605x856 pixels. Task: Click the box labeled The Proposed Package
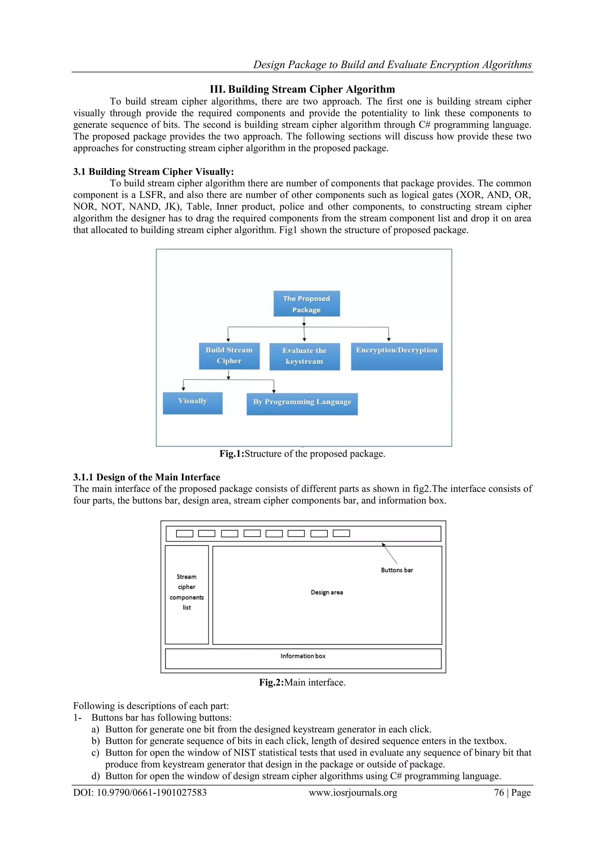[x=306, y=304]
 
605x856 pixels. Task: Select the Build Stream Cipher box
[x=229, y=356]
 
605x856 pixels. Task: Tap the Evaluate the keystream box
[x=304, y=356]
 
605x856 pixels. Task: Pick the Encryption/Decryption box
[x=397, y=356]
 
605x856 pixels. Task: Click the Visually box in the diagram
[x=192, y=403]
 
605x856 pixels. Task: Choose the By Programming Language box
[x=302, y=404]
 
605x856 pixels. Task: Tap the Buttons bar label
[x=397, y=570]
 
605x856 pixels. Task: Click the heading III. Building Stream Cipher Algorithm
[x=302, y=90]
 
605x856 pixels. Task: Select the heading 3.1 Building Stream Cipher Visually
[x=153, y=172]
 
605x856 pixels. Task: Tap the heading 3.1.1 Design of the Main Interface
[x=147, y=477]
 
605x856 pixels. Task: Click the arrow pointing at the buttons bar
[x=390, y=554]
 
